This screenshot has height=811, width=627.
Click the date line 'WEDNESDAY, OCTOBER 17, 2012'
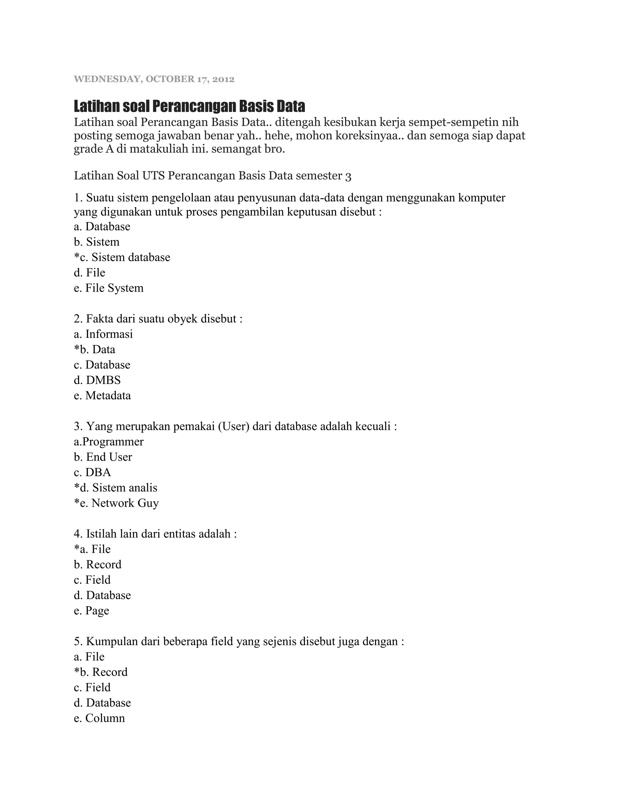pyautogui.click(x=154, y=79)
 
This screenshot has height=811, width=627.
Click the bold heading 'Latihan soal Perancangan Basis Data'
pyautogui.click(x=190, y=106)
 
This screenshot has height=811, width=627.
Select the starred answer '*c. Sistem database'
pyautogui.click(x=122, y=257)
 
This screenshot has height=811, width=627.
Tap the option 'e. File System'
pyautogui.click(x=108, y=288)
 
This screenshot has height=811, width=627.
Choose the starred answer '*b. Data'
pyautogui.click(x=95, y=349)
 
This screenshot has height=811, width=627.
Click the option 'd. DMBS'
pyautogui.click(x=97, y=380)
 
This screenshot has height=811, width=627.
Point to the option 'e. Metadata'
pyautogui.click(x=102, y=395)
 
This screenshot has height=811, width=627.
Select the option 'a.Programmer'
pyautogui.click(x=108, y=442)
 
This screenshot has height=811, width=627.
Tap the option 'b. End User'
pyautogui.click(x=103, y=457)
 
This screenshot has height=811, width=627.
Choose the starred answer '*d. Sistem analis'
pyautogui.click(x=115, y=488)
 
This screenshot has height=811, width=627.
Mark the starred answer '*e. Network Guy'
pyautogui.click(x=116, y=503)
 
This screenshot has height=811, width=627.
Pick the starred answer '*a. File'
pyautogui.click(x=92, y=549)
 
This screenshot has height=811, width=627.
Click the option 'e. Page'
pyautogui.click(x=91, y=611)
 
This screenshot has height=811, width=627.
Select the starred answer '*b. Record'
pyautogui.click(x=101, y=672)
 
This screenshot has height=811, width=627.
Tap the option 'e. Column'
pyautogui.click(x=99, y=718)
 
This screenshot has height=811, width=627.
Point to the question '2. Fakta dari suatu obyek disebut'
pyautogui.click(x=158, y=319)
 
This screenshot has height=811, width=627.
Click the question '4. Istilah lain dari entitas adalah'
pyautogui.click(x=155, y=534)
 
